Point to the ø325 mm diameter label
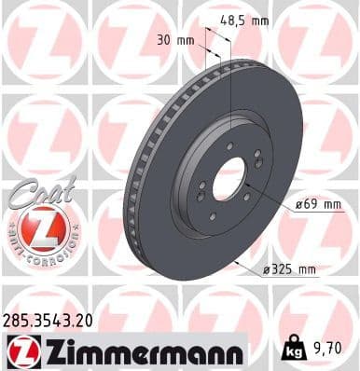[x=289, y=270]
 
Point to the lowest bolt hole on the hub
[x=213, y=216]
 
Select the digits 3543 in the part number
[x=49, y=319]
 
